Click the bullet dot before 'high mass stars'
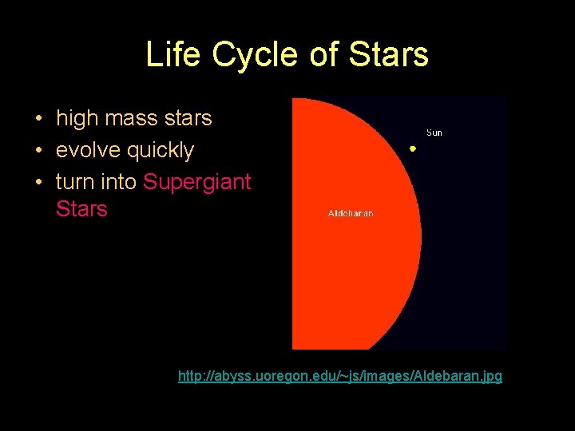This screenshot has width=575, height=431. pyautogui.click(x=38, y=120)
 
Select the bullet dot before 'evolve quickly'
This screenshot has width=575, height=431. pyautogui.click(x=38, y=151)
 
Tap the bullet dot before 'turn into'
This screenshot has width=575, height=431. pyautogui.click(x=38, y=183)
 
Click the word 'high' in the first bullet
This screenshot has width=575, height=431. pyautogui.click(x=76, y=119)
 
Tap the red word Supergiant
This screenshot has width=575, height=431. pyautogui.click(x=197, y=182)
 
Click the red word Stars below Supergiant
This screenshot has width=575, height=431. pyautogui.click(x=81, y=209)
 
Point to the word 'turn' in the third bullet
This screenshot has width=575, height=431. pyautogui.click(x=75, y=182)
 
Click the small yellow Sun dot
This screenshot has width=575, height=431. pyautogui.click(x=413, y=148)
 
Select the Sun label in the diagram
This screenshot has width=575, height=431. pyautogui.click(x=434, y=132)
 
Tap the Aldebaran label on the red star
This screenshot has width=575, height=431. pyautogui.click(x=351, y=213)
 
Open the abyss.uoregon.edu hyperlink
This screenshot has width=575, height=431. pyautogui.click(x=340, y=375)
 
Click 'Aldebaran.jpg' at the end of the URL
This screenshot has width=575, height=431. pyautogui.click(x=459, y=375)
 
